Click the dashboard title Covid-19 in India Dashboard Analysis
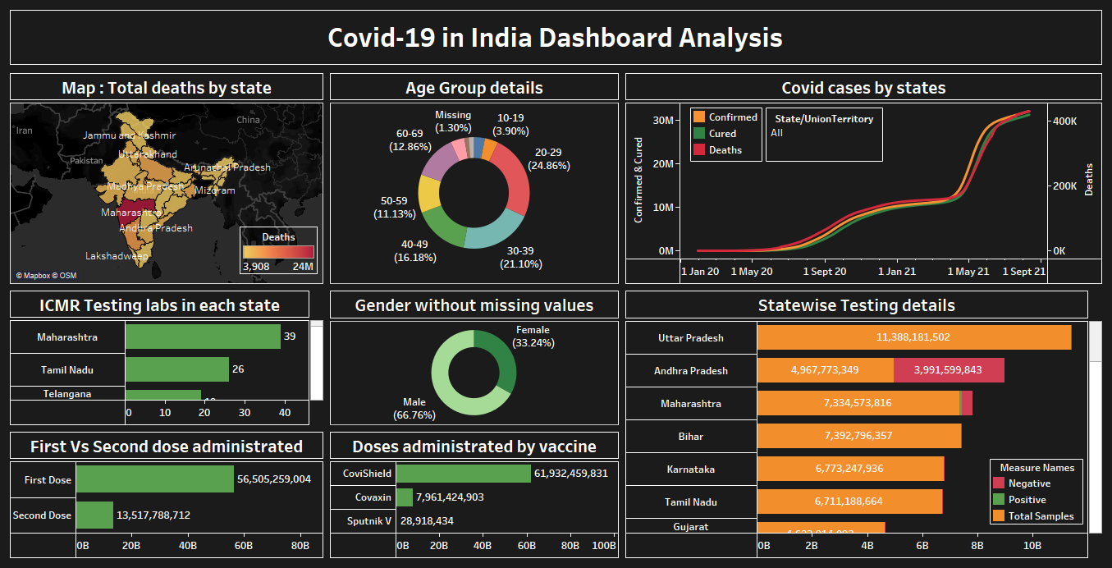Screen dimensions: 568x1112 pos(555,38)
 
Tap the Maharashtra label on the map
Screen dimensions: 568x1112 pos(126,213)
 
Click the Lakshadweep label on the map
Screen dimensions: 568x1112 pos(117,256)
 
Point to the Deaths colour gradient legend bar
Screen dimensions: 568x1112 pos(278,252)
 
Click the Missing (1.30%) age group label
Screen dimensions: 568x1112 pos(453,121)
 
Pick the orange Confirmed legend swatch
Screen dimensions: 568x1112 pos(699,117)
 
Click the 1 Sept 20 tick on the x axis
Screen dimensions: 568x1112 pos(824,271)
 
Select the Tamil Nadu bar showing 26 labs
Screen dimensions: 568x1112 pos(176,369)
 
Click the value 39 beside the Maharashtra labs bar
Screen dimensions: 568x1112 pos(290,337)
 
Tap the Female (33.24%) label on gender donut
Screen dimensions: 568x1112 pos(533,337)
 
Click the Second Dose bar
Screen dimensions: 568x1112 pos(94,515)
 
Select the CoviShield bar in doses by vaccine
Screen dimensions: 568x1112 pos(464,474)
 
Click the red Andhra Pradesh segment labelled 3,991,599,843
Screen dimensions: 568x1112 pos(948,370)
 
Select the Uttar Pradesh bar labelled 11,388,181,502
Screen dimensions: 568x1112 pos(913,337)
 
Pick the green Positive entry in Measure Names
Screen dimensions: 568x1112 pos(1027,500)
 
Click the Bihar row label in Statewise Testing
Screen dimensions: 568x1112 pos(690,437)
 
